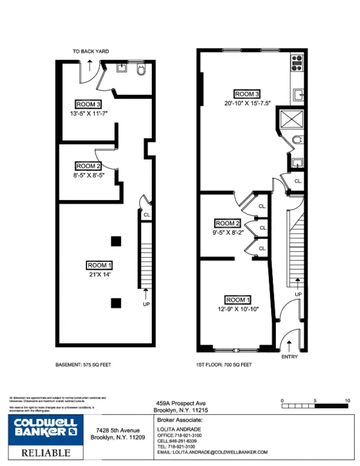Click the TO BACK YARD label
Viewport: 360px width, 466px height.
tap(91, 52)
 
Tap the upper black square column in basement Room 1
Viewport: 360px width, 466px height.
tap(115, 241)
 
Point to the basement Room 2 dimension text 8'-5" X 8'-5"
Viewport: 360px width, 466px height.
tap(89, 175)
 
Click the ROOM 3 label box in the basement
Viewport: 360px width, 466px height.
tap(88, 103)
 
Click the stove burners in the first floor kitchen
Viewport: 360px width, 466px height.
tap(296, 60)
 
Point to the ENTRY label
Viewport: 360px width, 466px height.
tap(289, 357)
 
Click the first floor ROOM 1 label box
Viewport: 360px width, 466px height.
tap(238, 300)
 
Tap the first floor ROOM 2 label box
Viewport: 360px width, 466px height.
tap(227, 223)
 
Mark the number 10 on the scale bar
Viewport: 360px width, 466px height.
tap(347, 399)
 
